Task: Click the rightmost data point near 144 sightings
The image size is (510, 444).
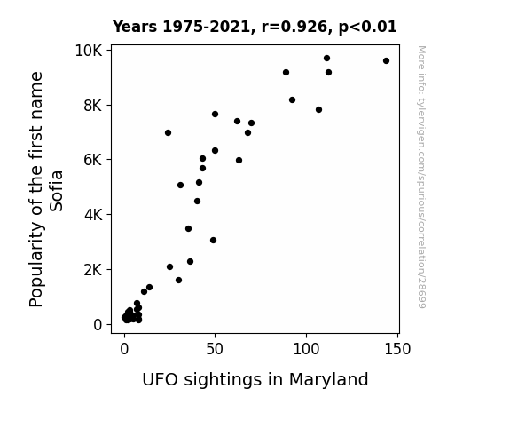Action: tap(386, 61)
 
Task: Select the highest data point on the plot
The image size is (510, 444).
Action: tap(327, 59)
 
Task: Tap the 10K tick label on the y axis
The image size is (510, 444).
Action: tap(89, 51)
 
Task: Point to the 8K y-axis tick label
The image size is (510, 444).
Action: tap(93, 106)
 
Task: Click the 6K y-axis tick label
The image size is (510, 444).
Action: tap(93, 160)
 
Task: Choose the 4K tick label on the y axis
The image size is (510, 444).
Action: tap(93, 215)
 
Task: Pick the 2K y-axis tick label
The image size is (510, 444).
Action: tap(93, 270)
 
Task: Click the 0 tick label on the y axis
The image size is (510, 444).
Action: tap(98, 325)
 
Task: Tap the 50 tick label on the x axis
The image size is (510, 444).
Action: tap(215, 349)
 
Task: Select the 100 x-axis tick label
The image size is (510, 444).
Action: tap(306, 349)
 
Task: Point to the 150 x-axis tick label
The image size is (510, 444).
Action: tap(397, 349)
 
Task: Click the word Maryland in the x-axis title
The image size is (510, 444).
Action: tap(328, 380)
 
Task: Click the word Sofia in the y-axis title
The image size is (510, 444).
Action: tap(57, 191)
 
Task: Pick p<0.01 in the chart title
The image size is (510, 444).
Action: tap(368, 28)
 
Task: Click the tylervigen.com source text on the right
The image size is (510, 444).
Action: tap(421, 177)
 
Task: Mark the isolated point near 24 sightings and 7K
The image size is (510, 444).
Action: tap(168, 133)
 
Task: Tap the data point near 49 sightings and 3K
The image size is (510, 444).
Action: tap(214, 241)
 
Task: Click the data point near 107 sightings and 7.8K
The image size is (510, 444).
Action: tap(318, 110)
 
